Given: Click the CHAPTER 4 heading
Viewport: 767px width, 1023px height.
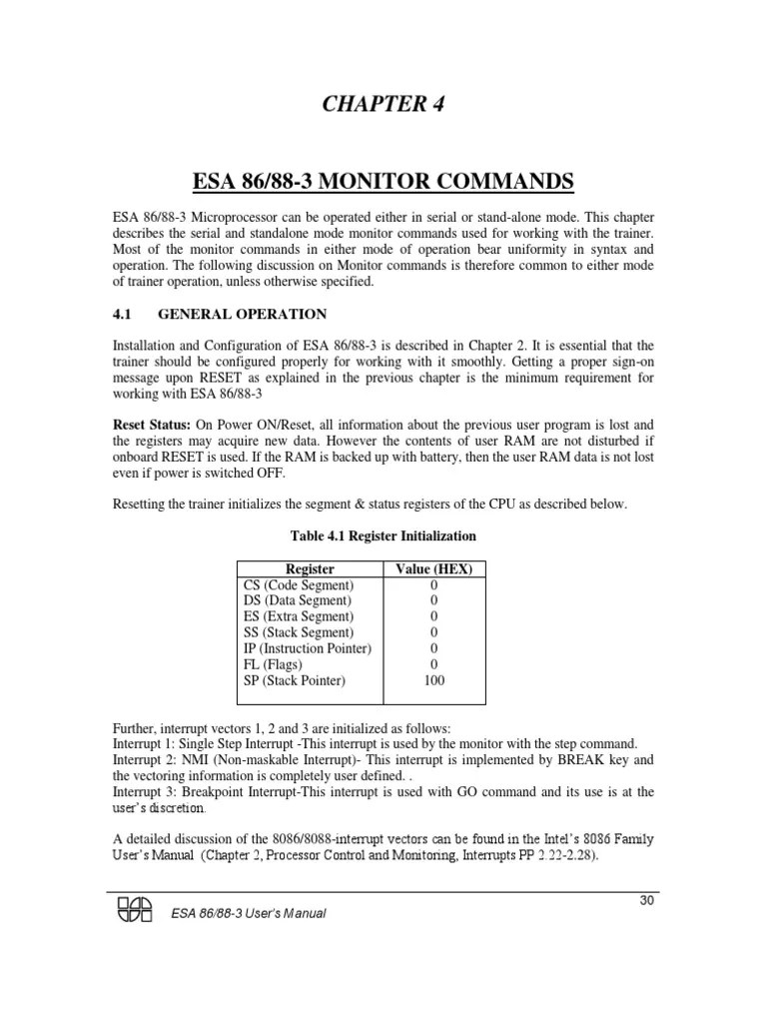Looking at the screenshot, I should [x=383, y=106].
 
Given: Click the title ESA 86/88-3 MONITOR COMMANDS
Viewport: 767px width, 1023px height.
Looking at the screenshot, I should [x=383, y=182].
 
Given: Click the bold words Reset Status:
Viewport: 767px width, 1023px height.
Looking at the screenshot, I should [x=150, y=425].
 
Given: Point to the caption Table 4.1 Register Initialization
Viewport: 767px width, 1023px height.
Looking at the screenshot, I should [x=383, y=535].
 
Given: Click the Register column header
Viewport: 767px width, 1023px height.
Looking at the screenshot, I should [x=310, y=568].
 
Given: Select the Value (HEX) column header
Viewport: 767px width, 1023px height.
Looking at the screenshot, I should [x=433, y=568].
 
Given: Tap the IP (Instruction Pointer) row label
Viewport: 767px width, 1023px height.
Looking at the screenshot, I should [x=308, y=648].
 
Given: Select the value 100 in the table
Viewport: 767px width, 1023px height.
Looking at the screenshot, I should [x=433, y=680].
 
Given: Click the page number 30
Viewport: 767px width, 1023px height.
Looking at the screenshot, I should [x=646, y=900].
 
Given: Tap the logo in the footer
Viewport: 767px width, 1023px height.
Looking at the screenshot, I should [x=136, y=909].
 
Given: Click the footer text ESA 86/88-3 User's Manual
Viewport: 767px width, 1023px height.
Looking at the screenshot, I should [x=249, y=914].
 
